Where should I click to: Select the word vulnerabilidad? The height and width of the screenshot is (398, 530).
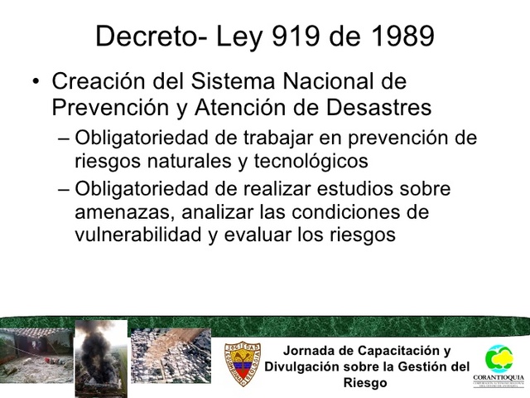(x=136, y=234)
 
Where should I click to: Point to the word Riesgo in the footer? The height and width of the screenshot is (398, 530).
(x=366, y=383)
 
